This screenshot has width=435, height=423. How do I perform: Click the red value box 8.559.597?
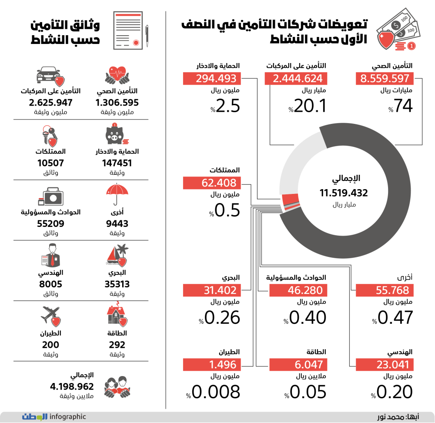pyautogui.click(x=385, y=78)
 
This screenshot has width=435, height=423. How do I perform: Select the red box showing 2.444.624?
pyautogui.click(x=296, y=78)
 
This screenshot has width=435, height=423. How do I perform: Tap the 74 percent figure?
pyautogui.click(x=400, y=106)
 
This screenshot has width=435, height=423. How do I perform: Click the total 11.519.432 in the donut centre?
pyautogui.click(x=344, y=193)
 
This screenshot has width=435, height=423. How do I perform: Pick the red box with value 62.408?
pyautogui.click(x=212, y=183)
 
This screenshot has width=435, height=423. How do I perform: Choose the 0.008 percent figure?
pyautogui.click(x=213, y=392)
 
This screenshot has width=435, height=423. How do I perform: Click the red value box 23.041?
pyautogui.click(x=385, y=364)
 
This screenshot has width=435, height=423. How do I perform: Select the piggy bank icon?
pyautogui.click(x=117, y=134)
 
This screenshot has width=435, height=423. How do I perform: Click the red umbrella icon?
pyautogui.click(x=117, y=194)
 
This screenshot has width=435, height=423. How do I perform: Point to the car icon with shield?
pyautogui.click(x=50, y=76)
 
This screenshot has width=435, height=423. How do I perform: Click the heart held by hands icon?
pyautogui.click(x=117, y=75)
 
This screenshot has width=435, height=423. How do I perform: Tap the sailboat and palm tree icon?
pyautogui.click(x=117, y=255)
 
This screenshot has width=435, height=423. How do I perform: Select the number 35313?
pyautogui.click(x=117, y=284)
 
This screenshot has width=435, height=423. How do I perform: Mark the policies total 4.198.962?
pyautogui.click(x=72, y=386)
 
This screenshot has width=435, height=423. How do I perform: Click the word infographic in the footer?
pyautogui.click(x=68, y=416)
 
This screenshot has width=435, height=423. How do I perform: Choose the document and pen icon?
pyautogui.click(x=131, y=30)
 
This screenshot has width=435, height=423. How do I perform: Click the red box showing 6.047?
pyautogui.click(x=298, y=364)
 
